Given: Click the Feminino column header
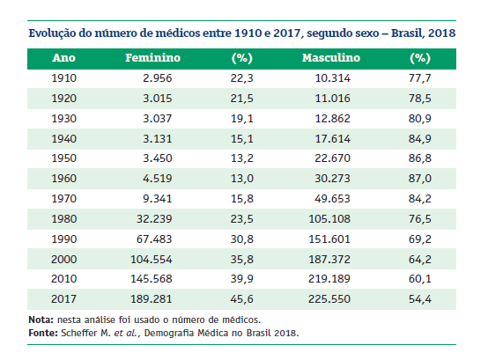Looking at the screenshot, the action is (152, 58).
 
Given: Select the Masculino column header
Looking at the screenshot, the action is (331, 58).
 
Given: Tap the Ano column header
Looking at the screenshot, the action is (63, 58).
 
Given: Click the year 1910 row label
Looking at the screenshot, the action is (63, 78).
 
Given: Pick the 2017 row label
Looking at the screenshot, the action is (63, 299).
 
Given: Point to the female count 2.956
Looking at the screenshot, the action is (157, 78).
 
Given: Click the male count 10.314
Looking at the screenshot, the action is (333, 78).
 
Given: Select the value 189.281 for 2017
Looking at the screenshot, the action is (152, 299).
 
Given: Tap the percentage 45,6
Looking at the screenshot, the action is (242, 299).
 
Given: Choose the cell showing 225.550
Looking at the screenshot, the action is (329, 299).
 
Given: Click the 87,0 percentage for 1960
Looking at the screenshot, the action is (420, 179).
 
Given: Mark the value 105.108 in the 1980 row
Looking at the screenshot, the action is (329, 219).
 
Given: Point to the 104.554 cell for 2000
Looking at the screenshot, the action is (152, 260).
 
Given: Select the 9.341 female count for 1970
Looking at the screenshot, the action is (157, 199).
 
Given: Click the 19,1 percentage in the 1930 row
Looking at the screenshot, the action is (242, 119).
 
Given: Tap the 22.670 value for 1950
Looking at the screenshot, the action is (333, 158).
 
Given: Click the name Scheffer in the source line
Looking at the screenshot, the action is (79, 333).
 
